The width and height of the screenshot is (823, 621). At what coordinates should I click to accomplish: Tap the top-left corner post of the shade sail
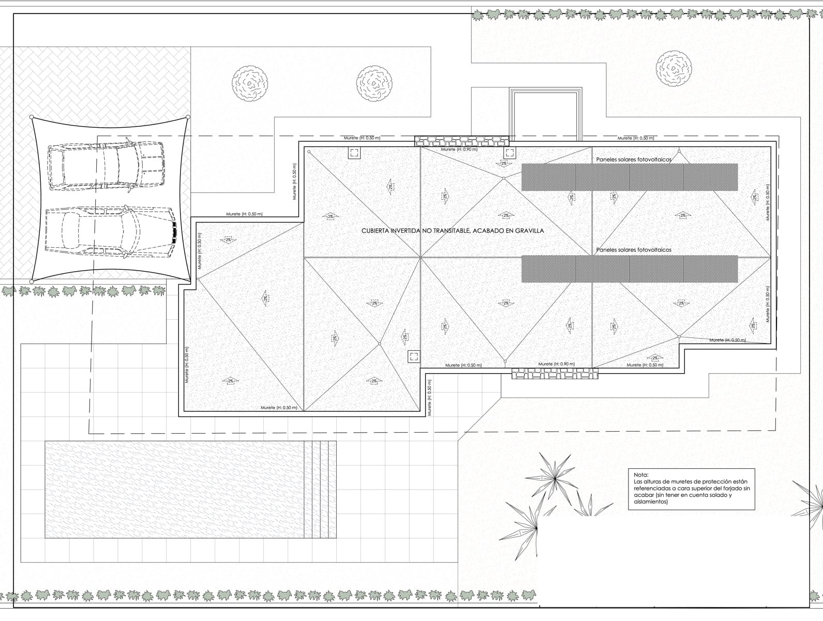pyautogui.click(x=32, y=117)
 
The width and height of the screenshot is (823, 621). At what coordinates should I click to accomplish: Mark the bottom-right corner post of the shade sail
pyautogui.click(x=188, y=281)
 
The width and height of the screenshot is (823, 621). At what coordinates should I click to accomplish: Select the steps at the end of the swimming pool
pyautogui.click(x=320, y=489)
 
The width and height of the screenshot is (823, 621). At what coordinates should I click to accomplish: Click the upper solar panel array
pyautogui.click(x=629, y=177)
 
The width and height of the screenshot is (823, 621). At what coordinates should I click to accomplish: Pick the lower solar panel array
pyautogui.click(x=629, y=269)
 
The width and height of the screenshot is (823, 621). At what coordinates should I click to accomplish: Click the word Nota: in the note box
pyautogui.click(x=641, y=475)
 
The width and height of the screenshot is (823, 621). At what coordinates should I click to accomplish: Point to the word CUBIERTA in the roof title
pyautogui.click(x=377, y=231)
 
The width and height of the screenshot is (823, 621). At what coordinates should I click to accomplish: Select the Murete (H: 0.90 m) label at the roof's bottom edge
pyautogui.click(x=556, y=364)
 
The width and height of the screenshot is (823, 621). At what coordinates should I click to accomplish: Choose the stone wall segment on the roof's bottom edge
pyautogui.click(x=555, y=374)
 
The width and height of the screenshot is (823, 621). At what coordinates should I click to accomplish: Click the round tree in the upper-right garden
pyautogui.click(x=674, y=68)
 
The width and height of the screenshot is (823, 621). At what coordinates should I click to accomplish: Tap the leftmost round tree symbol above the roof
pyautogui.click(x=250, y=84)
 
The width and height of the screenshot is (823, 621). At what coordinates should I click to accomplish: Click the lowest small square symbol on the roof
pyautogui.click(x=414, y=356)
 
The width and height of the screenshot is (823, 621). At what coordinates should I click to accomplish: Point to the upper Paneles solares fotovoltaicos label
pyautogui.click(x=633, y=160)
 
